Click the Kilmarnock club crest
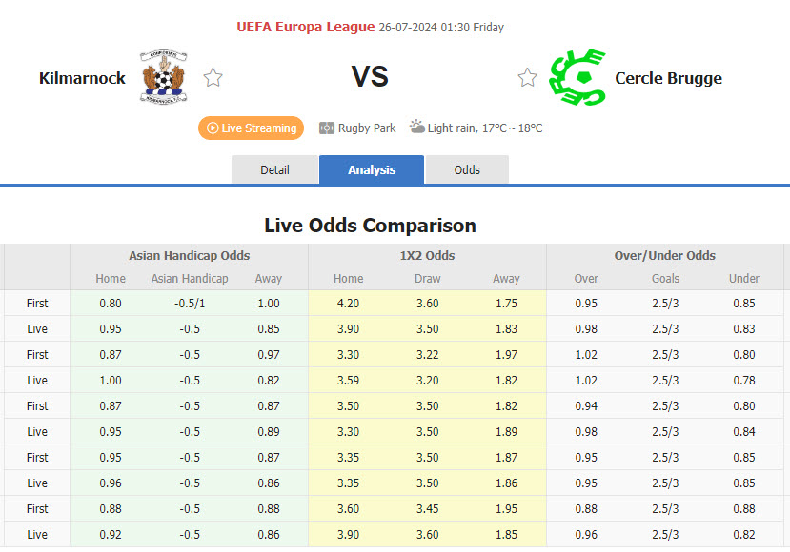point(164,77)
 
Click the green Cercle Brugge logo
point(577,77)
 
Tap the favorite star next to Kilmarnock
point(213,78)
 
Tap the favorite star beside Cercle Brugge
point(527,78)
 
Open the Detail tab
point(274,170)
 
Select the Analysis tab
point(372,170)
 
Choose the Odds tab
point(467,170)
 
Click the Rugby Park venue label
point(366,128)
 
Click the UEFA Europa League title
point(305,27)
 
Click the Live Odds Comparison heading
point(370,226)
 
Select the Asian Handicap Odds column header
point(189,255)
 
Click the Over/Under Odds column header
point(665,255)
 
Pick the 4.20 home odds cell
point(348,304)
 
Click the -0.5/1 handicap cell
point(190,304)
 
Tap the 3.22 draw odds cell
point(427,355)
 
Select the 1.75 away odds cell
point(506,304)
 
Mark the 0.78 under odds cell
point(744,381)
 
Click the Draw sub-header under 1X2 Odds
point(427,279)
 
